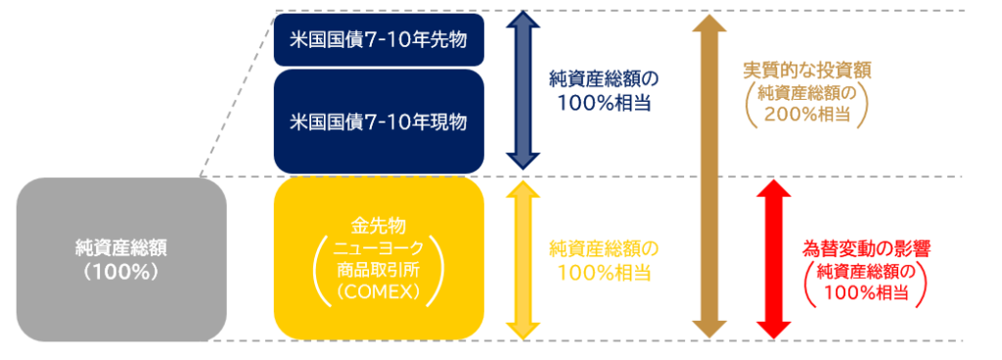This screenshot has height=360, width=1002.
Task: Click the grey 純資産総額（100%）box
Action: point(121,259)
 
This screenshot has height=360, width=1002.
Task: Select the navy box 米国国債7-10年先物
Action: point(379,39)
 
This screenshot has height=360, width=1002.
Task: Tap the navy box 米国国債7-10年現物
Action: point(379,121)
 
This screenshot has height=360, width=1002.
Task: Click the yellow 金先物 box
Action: point(379,258)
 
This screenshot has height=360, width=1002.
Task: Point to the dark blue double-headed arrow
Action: point(523,92)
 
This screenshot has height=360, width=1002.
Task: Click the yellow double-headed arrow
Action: point(523,259)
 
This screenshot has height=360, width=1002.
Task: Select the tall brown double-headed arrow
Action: point(709,175)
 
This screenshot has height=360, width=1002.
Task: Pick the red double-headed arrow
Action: point(773,259)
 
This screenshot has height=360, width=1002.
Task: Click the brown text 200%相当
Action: point(808,113)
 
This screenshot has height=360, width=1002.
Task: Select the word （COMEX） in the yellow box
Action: point(379,292)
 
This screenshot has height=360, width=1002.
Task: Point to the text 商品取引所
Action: point(379,269)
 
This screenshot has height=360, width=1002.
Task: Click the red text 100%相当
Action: point(866,292)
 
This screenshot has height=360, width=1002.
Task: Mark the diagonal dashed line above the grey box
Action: point(238,93)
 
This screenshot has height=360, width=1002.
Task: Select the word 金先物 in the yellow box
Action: point(379,225)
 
